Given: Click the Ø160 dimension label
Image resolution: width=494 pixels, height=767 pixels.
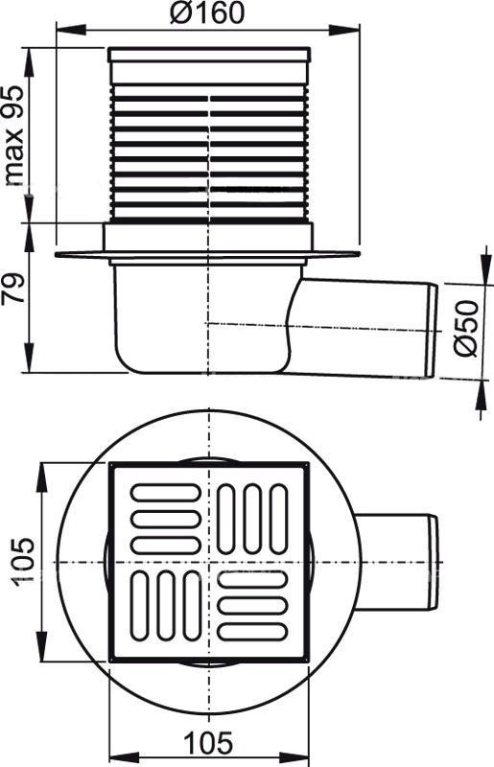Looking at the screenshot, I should (209, 14).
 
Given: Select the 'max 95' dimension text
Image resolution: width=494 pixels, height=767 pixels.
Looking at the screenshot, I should (14, 134).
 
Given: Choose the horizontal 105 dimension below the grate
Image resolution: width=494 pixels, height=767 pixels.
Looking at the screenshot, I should (208, 742).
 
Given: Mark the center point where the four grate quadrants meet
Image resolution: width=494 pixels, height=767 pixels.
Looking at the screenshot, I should (208, 561).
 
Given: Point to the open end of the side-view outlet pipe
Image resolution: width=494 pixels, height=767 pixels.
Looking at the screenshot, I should (432, 331).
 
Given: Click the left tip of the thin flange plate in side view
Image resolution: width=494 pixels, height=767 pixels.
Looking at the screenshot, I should (59, 255).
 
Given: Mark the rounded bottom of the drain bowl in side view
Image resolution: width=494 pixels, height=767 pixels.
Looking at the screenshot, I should (192, 368).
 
